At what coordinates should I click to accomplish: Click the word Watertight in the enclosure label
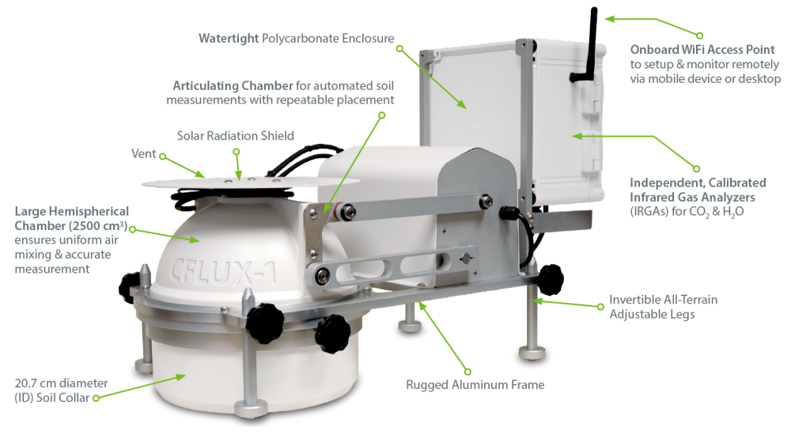pos(229,38)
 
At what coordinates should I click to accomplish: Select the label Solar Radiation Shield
pos(235,135)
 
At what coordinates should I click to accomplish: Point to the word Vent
pos(144,153)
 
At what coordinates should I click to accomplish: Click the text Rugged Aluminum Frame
pos(475,384)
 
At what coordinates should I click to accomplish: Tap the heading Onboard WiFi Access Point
pos(702,49)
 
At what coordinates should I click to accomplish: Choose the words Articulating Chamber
pos(233,85)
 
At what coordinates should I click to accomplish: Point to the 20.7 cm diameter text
pos(61,383)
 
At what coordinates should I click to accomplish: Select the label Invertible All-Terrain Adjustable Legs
pos(664,307)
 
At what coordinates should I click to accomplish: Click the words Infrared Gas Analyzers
pos(692,197)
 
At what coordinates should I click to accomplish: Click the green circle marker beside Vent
pos(163,157)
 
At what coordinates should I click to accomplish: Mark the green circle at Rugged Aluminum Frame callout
pos(467,372)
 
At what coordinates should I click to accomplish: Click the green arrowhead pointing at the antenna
pos(610,19)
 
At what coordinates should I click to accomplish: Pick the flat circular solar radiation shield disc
pos(251,183)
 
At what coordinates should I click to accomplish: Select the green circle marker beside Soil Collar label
pos(96,398)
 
